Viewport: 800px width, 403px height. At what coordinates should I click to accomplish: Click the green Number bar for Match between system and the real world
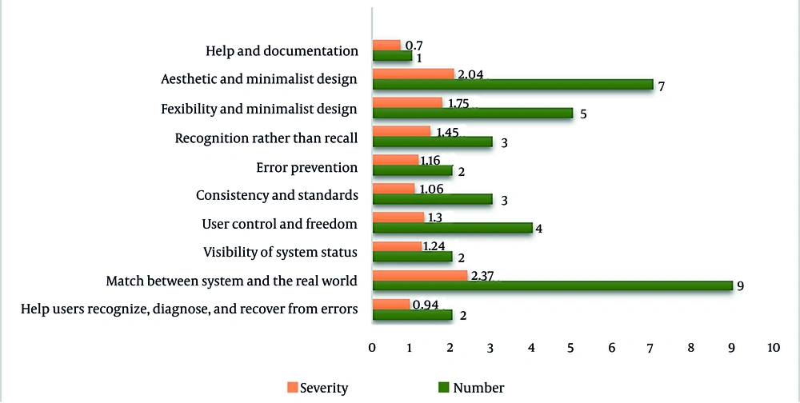point(552,285)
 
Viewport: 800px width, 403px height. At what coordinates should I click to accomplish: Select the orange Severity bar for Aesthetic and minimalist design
point(413,74)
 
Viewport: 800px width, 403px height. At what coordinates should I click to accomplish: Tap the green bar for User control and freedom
point(452,228)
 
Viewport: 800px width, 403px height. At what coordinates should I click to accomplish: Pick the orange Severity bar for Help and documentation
point(386,46)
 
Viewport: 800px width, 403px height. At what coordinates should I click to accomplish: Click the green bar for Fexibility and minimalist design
point(472,114)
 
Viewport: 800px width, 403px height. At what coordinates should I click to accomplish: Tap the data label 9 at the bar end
point(740,285)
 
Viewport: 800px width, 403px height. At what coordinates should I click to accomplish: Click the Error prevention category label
point(306,167)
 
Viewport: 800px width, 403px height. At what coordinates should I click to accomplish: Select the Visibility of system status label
point(281,253)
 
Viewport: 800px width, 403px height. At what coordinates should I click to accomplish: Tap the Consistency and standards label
point(277,195)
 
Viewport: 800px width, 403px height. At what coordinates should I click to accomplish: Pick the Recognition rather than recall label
point(266,138)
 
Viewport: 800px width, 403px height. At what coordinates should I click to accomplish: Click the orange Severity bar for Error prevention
point(395,161)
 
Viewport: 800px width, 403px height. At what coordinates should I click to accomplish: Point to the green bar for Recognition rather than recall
point(432,142)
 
